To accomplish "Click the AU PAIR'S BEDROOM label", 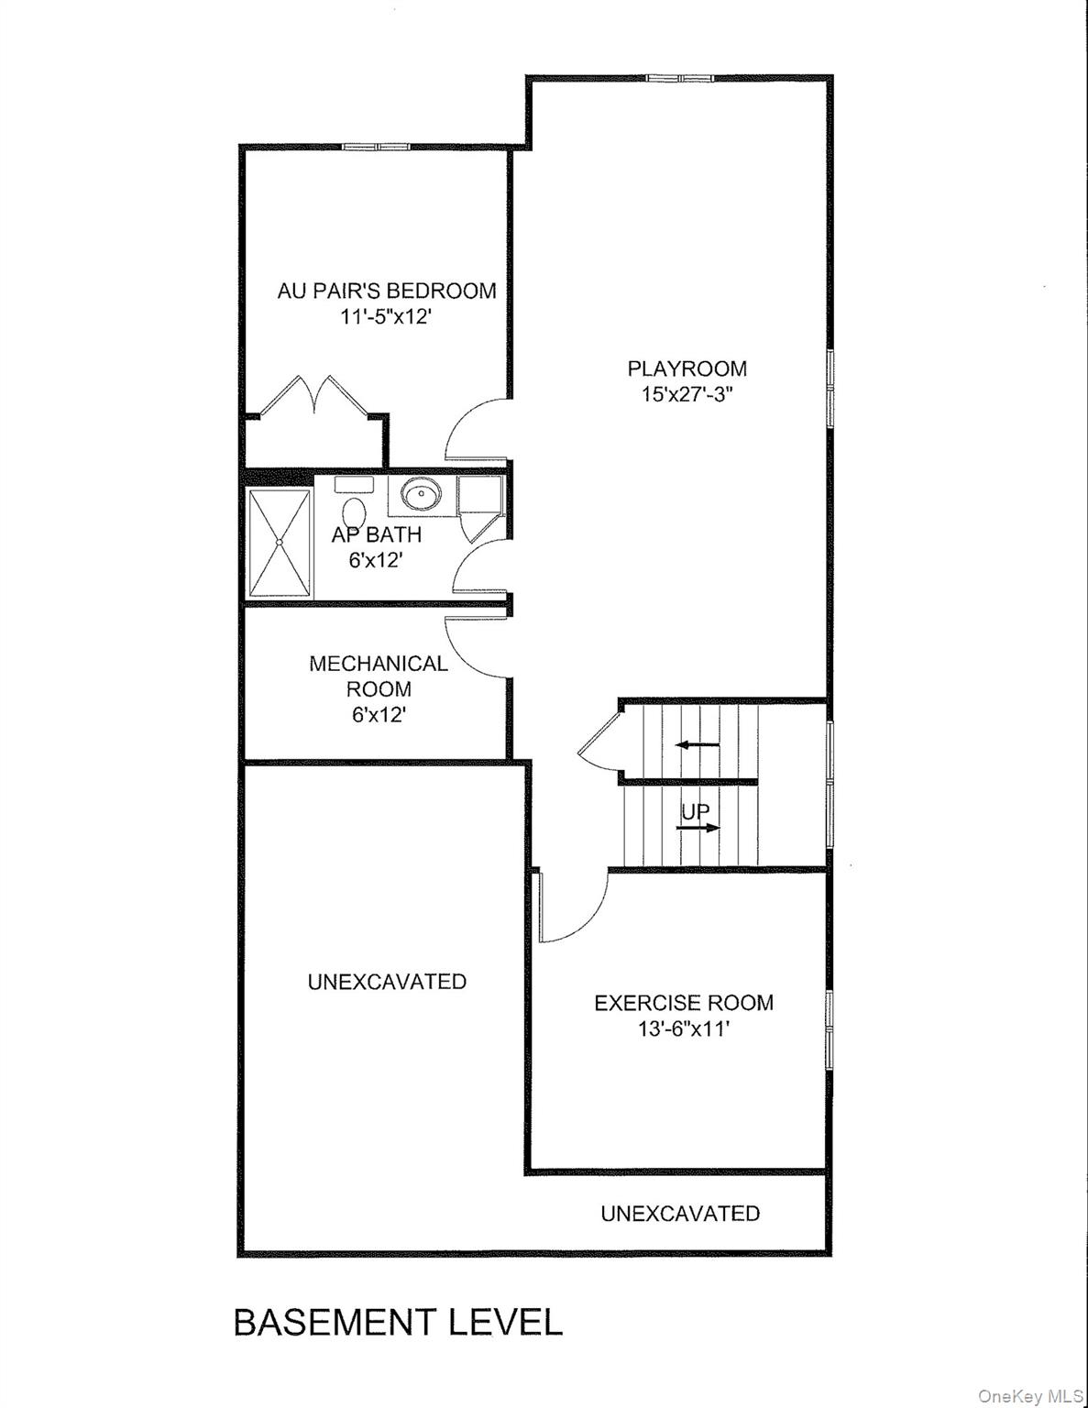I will (x=387, y=291).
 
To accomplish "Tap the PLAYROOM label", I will (x=687, y=368).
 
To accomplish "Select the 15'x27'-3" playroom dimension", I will (x=687, y=395).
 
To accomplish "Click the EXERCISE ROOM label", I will (x=684, y=1003).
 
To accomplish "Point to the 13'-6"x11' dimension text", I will (x=684, y=1029).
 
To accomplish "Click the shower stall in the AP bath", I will (x=280, y=543).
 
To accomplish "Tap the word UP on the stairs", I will (x=695, y=811).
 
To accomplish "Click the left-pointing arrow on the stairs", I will (x=698, y=745).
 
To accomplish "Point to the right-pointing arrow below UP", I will (x=699, y=828).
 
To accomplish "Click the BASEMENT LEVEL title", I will (x=398, y=1323).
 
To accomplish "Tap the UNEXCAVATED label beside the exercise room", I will (x=387, y=982).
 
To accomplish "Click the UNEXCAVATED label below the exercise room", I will (x=680, y=1214).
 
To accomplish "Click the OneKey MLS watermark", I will (x=1030, y=1396).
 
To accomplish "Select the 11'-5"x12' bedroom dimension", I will (x=385, y=318).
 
